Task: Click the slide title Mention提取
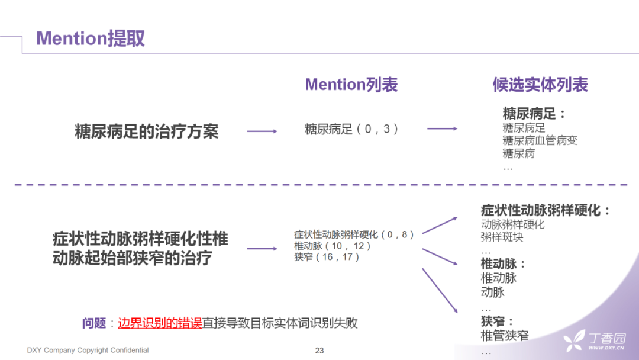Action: (x=91, y=38)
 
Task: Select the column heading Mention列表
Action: (x=351, y=85)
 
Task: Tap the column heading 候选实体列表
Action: (x=540, y=85)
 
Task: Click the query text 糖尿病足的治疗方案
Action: (x=147, y=131)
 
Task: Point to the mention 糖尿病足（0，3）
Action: (x=351, y=129)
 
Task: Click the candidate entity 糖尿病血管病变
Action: (x=540, y=140)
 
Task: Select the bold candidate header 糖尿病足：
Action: (x=534, y=114)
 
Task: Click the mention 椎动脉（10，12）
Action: (x=333, y=246)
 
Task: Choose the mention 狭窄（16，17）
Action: (x=327, y=257)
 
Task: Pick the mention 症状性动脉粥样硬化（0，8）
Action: (x=354, y=234)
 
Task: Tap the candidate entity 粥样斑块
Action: (x=502, y=237)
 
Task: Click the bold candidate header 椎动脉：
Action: (x=504, y=263)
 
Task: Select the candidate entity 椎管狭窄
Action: (x=505, y=336)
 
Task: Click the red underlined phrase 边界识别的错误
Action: (x=160, y=323)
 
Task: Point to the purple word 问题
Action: (x=94, y=323)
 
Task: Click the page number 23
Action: (x=319, y=351)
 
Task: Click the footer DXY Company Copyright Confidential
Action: (x=88, y=351)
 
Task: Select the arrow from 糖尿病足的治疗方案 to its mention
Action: (x=262, y=131)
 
